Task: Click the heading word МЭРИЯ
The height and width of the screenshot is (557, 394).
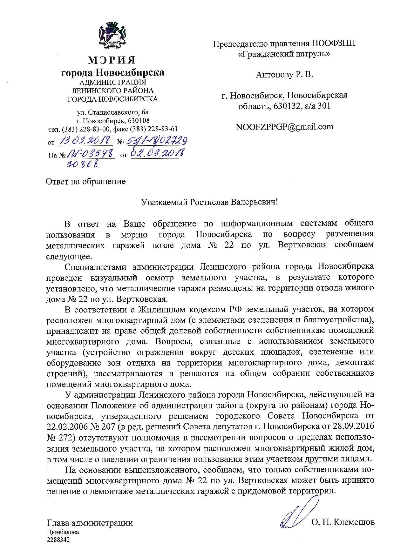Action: (x=112, y=59)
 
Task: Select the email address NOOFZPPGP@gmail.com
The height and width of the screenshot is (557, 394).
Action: (x=284, y=127)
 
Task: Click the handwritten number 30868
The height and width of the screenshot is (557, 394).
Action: (x=82, y=164)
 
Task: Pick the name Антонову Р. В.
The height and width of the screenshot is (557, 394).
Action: (x=284, y=75)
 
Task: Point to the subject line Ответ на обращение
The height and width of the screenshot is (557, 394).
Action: (x=86, y=182)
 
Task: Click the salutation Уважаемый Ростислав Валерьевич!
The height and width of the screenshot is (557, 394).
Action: (x=210, y=202)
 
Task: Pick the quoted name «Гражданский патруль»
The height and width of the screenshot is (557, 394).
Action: (x=284, y=54)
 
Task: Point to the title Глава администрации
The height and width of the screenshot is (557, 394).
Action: (x=90, y=523)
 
